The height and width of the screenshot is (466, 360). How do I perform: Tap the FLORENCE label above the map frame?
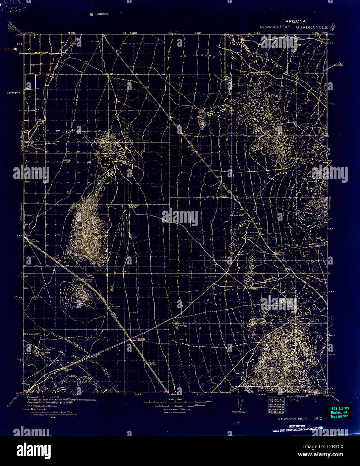pos(100,14)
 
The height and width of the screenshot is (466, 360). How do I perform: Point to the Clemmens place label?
pos(252,288)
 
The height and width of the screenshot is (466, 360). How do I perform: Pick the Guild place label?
pos(300,315)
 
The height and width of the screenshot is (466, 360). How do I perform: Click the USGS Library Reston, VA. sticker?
pos(339,412)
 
